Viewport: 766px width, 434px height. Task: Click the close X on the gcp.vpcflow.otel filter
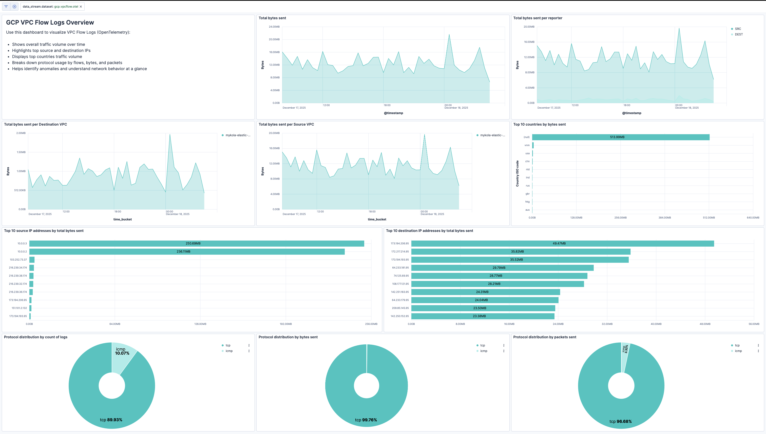coord(81,7)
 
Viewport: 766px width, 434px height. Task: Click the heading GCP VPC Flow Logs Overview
coord(50,22)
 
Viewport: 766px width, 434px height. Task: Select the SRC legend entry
coord(738,29)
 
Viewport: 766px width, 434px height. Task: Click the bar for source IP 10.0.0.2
coord(187,252)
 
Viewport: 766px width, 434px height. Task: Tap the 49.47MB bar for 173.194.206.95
coord(562,244)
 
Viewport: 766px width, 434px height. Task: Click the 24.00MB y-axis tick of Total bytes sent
coord(274,27)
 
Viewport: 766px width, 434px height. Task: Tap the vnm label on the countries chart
coord(527,145)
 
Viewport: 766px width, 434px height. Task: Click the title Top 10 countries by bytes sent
coord(539,124)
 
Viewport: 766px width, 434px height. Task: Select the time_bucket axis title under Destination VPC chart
coord(122,219)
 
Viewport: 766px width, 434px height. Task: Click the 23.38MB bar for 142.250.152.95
coord(483,316)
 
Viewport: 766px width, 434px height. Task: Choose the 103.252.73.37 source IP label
coord(18,260)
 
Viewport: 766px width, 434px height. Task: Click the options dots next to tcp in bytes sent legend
coord(504,345)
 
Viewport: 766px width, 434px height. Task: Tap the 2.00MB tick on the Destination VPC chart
coord(21,133)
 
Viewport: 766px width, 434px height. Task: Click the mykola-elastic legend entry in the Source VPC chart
coord(492,135)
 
